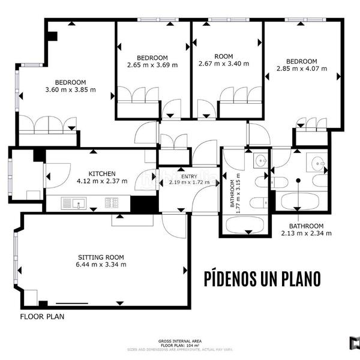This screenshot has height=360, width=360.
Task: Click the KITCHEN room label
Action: point(101,171)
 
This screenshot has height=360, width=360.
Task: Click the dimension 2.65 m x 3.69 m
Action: point(152,64)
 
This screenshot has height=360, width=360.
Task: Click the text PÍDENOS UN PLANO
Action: point(262,278)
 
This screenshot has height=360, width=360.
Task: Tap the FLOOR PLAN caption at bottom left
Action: point(42,316)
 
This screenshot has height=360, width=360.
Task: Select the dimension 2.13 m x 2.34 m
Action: point(306,233)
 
